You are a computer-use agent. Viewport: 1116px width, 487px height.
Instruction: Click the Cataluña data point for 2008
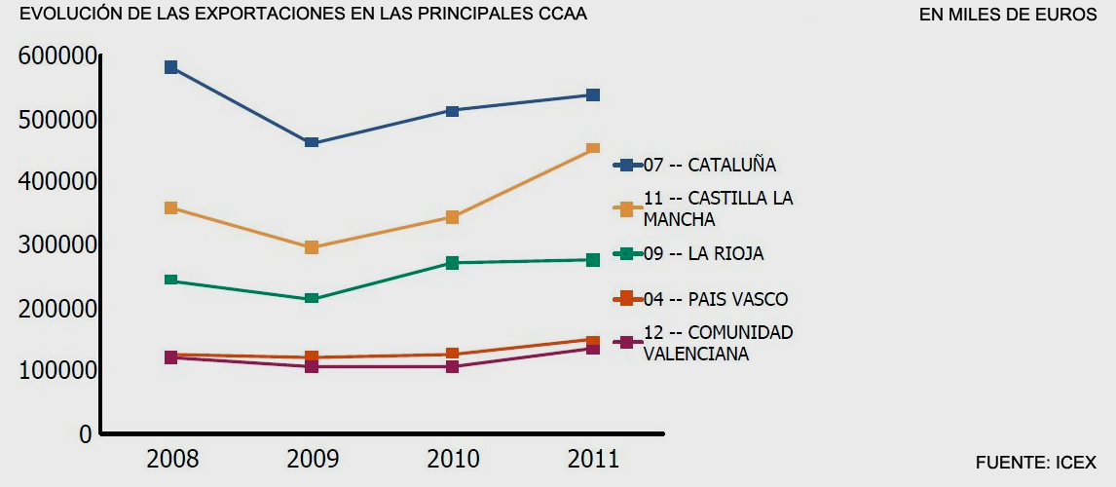pyautogui.click(x=170, y=67)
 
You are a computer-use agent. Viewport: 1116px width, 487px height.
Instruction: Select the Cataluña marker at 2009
pyautogui.click(x=312, y=143)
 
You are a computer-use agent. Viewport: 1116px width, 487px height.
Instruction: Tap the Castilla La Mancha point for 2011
pyautogui.click(x=593, y=148)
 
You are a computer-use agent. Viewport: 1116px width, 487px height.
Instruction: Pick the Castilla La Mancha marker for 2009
pyautogui.click(x=312, y=247)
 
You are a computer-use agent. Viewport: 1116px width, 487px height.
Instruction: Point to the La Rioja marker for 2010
pyautogui.click(x=453, y=263)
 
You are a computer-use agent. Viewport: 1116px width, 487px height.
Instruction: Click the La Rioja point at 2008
pyautogui.click(x=170, y=281)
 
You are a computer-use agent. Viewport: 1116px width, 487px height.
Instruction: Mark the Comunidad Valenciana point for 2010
pyautogui.click(x=453, y=367)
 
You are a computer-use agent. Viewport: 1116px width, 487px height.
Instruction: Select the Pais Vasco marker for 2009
pyautogui.click(x=312, y=357)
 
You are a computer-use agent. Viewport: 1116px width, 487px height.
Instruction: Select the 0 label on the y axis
pyautogui.click(x=86, y=433)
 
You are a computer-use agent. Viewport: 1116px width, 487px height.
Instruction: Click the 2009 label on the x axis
pyautogui.click(x=312, y=459)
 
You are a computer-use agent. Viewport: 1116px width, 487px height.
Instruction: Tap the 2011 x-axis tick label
pyautogui.click(x=593, y=459)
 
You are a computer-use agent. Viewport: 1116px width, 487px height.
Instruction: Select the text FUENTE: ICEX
pyautogui.click(x=1035, y=463)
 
